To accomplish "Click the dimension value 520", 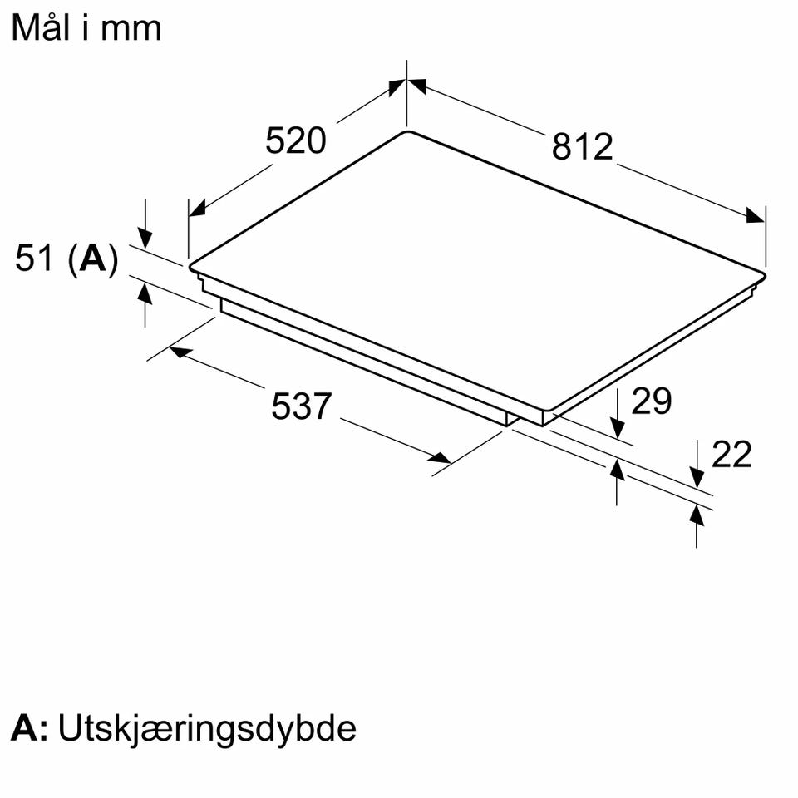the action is tap(295, 140).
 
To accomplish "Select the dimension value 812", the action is tap(582, 147).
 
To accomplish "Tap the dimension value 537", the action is tap(301, 406).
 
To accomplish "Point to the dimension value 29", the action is tap(652, 401).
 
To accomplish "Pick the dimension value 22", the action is tap(731, 454).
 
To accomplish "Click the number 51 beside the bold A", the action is tap(35, 258).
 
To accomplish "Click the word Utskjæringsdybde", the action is tap(207, 730).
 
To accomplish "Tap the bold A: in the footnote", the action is tap(30, 728).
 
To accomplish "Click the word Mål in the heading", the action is tap(42, 27).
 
